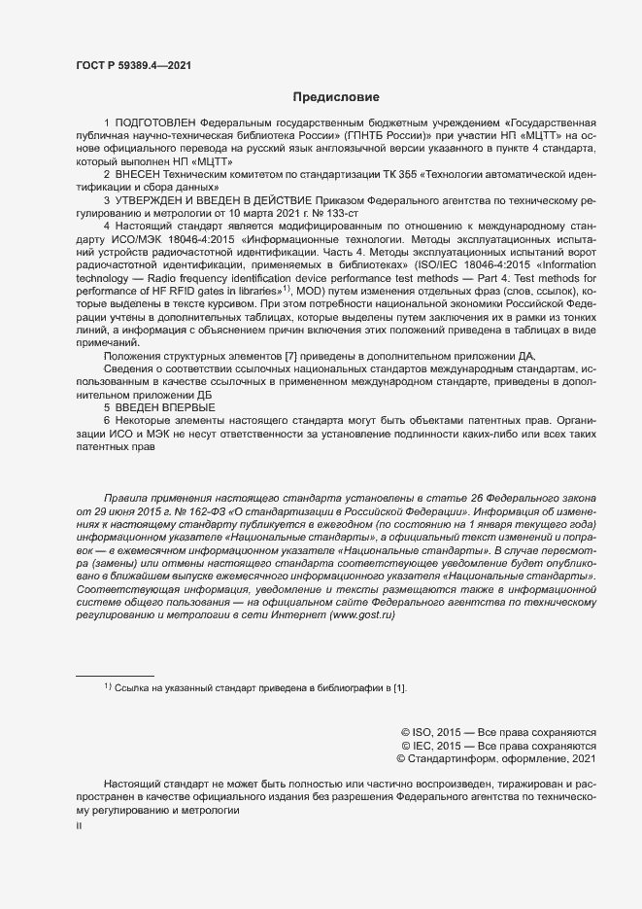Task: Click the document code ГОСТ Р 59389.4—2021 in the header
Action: coord(132,64)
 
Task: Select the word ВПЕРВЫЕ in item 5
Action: coord(186,408)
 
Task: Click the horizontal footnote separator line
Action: coord(115,675)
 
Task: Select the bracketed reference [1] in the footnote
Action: coord(398,688)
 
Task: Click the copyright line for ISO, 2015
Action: coord(497,732)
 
